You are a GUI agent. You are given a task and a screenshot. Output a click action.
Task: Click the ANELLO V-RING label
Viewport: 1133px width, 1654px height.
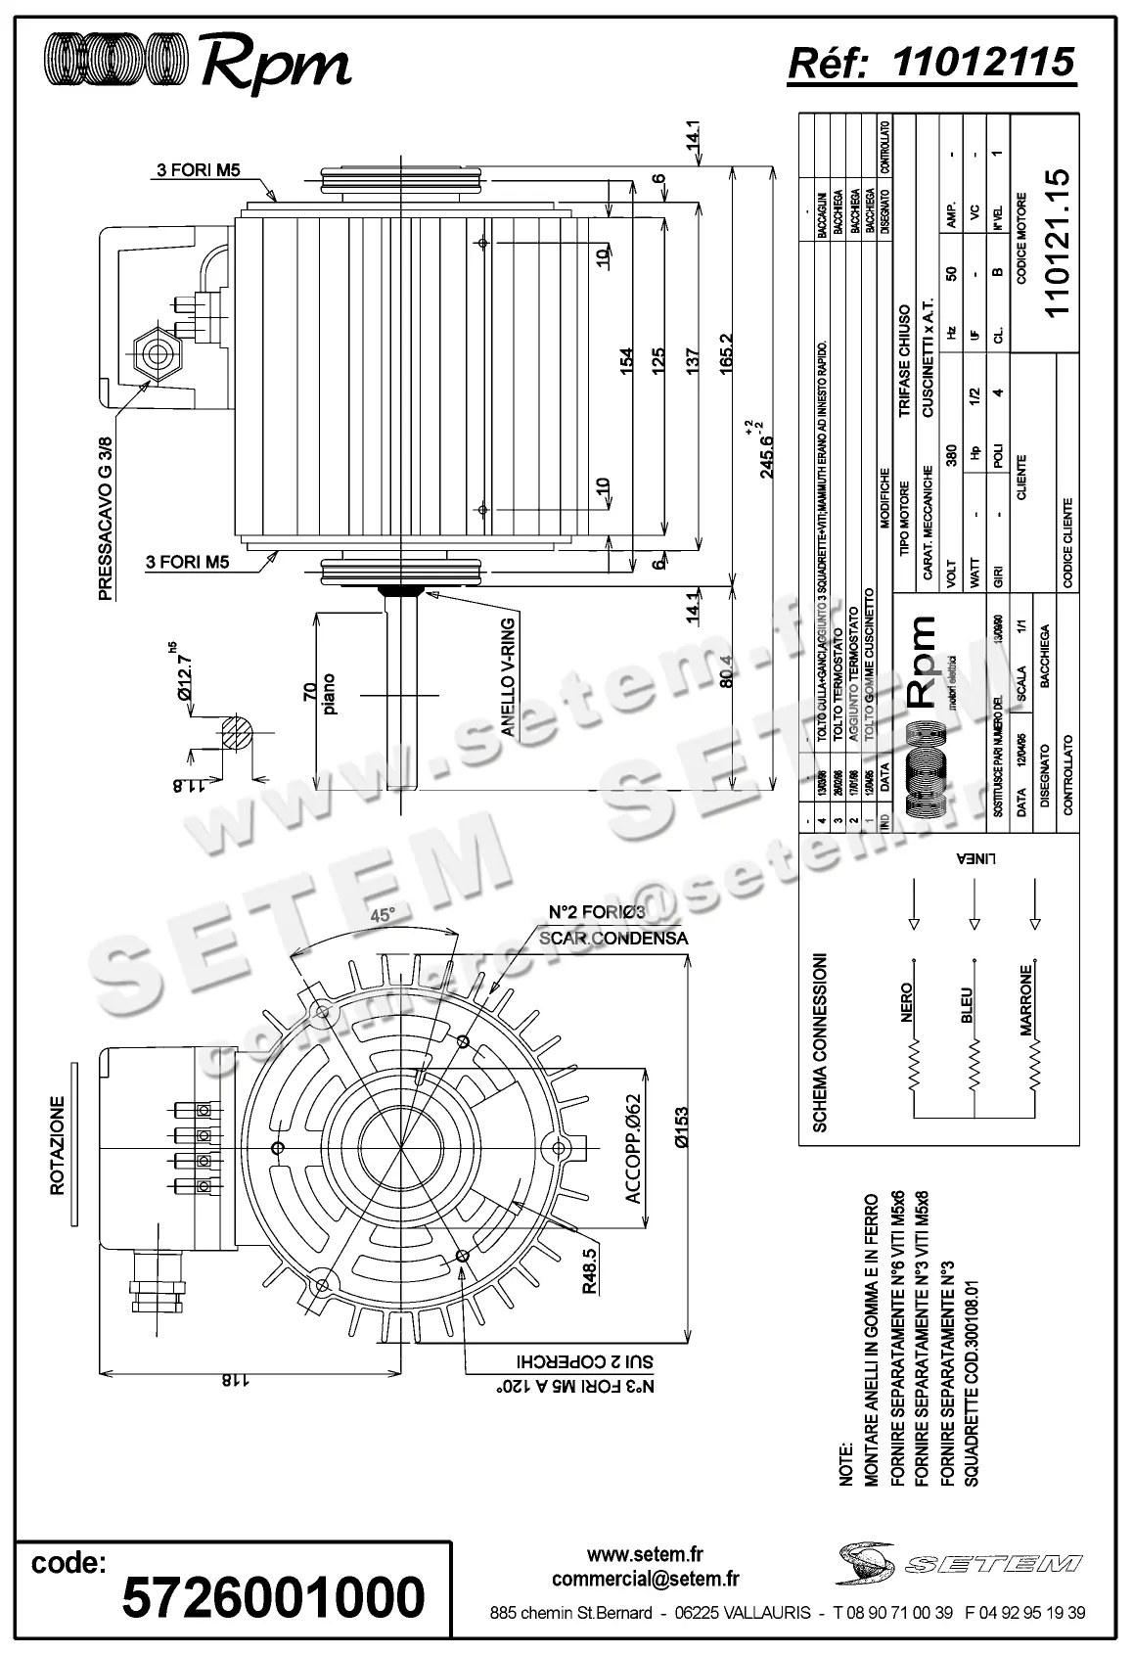[508, 676]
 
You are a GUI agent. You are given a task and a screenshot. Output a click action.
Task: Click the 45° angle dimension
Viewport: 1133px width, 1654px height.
[383, 915]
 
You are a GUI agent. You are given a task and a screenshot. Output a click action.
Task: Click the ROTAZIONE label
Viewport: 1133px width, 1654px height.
[58, 1144]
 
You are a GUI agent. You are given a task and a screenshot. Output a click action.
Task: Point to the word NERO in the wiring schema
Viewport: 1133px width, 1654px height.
[905, 1002]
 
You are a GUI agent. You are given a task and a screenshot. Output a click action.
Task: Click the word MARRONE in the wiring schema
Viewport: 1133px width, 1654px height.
[1026, 1000]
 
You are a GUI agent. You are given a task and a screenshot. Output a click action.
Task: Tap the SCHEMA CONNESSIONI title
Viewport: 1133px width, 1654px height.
[821, 1042]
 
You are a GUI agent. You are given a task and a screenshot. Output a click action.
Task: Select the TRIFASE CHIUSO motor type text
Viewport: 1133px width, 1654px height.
[905, 361]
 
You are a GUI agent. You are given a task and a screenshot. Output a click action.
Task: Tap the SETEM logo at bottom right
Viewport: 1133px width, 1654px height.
[960, 1562]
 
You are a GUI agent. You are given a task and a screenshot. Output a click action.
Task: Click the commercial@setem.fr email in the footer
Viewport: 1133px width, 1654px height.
[645, 1579]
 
